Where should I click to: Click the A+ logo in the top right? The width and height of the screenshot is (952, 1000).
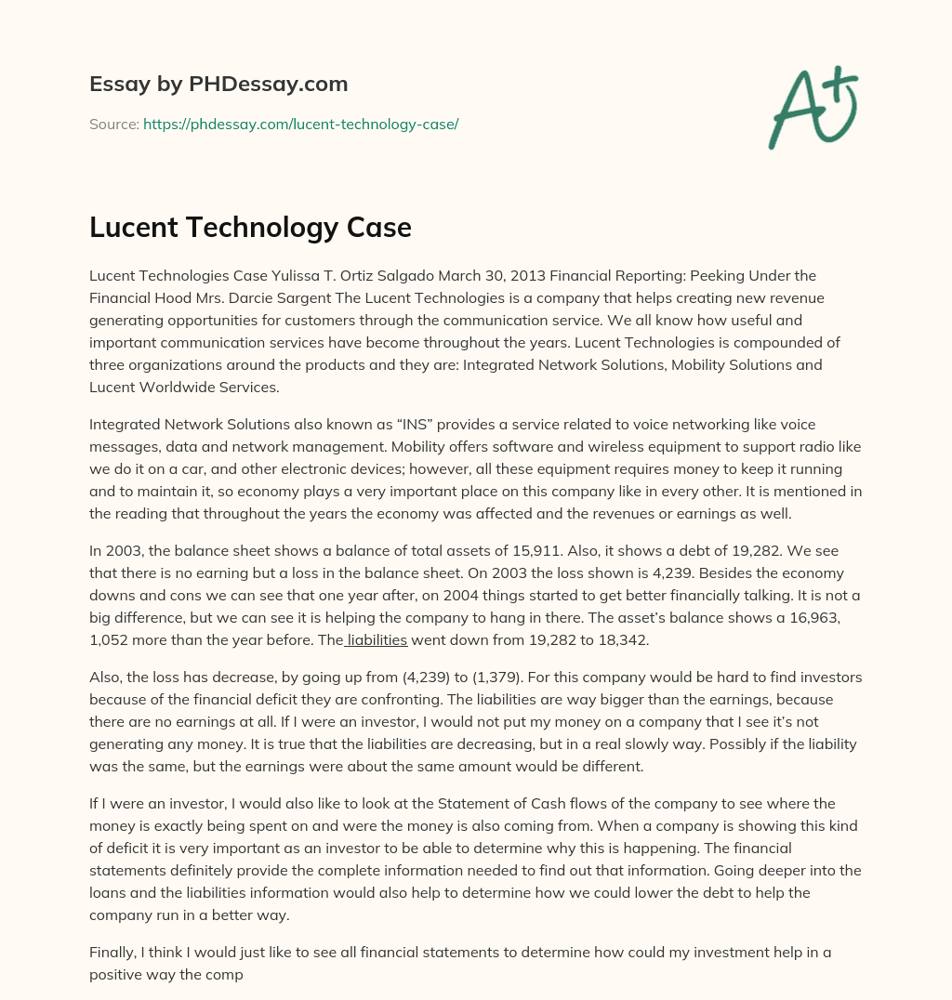[x=813, y=107]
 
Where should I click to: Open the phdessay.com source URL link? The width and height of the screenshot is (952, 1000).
[x=300, y=124]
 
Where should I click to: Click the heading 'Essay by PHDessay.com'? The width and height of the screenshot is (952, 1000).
[x=218, y=84]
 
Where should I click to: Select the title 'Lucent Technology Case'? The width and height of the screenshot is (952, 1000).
[x=250, y=227]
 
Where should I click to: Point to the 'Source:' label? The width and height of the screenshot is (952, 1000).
[x=114, y=124]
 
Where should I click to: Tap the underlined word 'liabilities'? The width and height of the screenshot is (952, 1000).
[x=377, y=639]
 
